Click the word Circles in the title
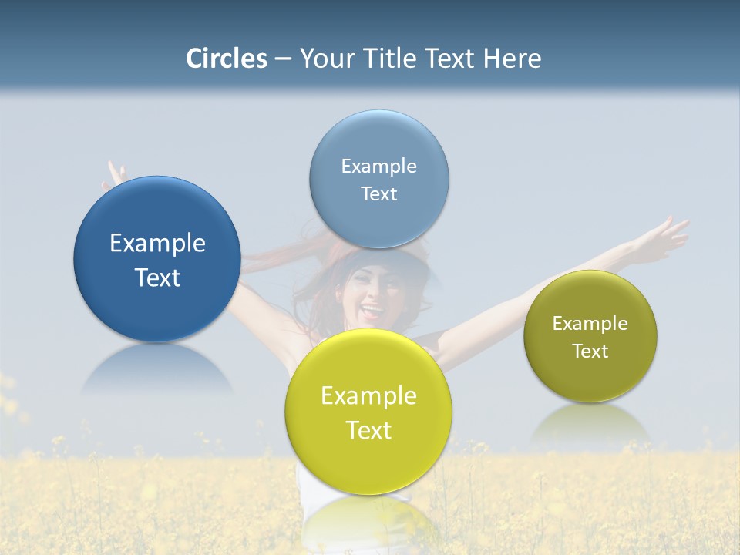[x=226, y=59]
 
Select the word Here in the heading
[x=512, y=59]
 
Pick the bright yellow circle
[x=368, y=462]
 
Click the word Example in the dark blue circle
[x=157, y=244]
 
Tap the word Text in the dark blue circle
[x=157, y=278]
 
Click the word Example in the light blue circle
[x=378, y=166]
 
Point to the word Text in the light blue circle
[x=378, y=194]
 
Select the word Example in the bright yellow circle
[x=368, y=396]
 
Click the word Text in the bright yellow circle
[x=368, y=431]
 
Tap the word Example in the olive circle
[x=590, y=324]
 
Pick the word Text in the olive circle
[x=590, y=351]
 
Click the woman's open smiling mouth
[x=372, y=312]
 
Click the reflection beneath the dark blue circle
[x=157, y=370]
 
